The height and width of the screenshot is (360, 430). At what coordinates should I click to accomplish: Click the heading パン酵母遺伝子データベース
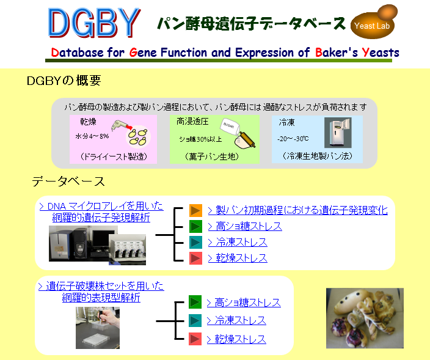coord(251,24)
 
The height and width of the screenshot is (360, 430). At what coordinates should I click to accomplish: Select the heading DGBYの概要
coord(64,81)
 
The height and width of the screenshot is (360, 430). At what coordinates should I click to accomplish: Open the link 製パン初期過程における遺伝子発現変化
coord(297,210)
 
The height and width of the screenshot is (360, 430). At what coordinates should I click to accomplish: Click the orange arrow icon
coord(195,211)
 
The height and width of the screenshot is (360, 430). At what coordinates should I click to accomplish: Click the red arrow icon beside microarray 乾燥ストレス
coord(195,258)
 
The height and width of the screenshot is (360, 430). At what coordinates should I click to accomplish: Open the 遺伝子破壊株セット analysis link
coord(101,292)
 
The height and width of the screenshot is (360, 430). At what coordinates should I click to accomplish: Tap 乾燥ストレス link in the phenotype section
coord(236,339)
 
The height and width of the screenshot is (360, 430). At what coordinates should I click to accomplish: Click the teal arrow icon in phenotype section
coord(195,321)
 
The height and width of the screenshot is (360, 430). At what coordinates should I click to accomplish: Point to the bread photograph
coord(365,318)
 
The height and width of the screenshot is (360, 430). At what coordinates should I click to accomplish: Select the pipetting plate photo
coord(98,328)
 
